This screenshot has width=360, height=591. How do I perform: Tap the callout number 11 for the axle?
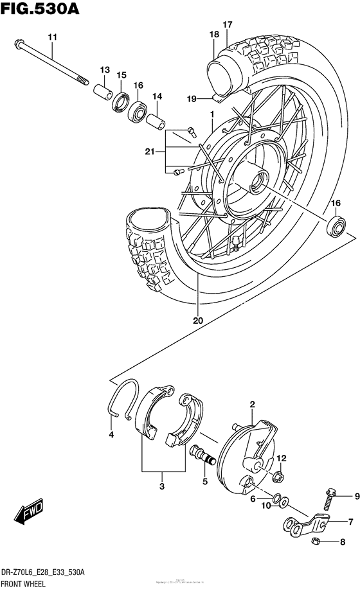(x=52, y=37)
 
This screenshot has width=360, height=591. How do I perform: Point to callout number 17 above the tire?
(x=227, y=24)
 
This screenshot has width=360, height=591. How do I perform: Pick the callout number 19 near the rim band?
(x=190, y=98)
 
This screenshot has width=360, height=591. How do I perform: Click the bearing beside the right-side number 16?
(x=335, y=226)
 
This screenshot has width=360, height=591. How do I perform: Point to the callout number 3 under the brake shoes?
(x=162, y=486)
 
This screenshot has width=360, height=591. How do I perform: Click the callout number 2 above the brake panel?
(x=253, y=404)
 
